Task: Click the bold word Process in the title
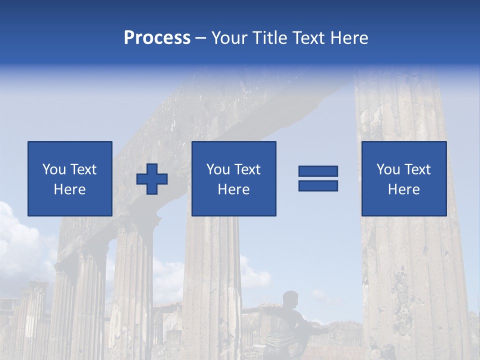pyautogui.click(x=157, y=38)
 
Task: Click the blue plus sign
pyautogui.click(x=152, y=178)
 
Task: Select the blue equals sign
pyautogui.click(x=318, y=178)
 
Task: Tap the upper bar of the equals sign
pyautogui.click(x=318, y=171)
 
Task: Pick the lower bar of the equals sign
pyautogui.click(x=318, y=185)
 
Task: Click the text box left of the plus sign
pyautogui.click(x=69, y=178)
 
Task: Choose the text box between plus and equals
pyautogui.click(x=233, y=178)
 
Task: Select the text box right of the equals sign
pyautogui.click(x=403, y=178)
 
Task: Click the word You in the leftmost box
pyautogui.click(x=53, y=169)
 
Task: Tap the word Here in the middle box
pyautogui.click(x=233, y=189)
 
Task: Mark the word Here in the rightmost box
pyautogui.click(x=403, y=189)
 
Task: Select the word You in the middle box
pyautogui.click(x=218, y=169)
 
